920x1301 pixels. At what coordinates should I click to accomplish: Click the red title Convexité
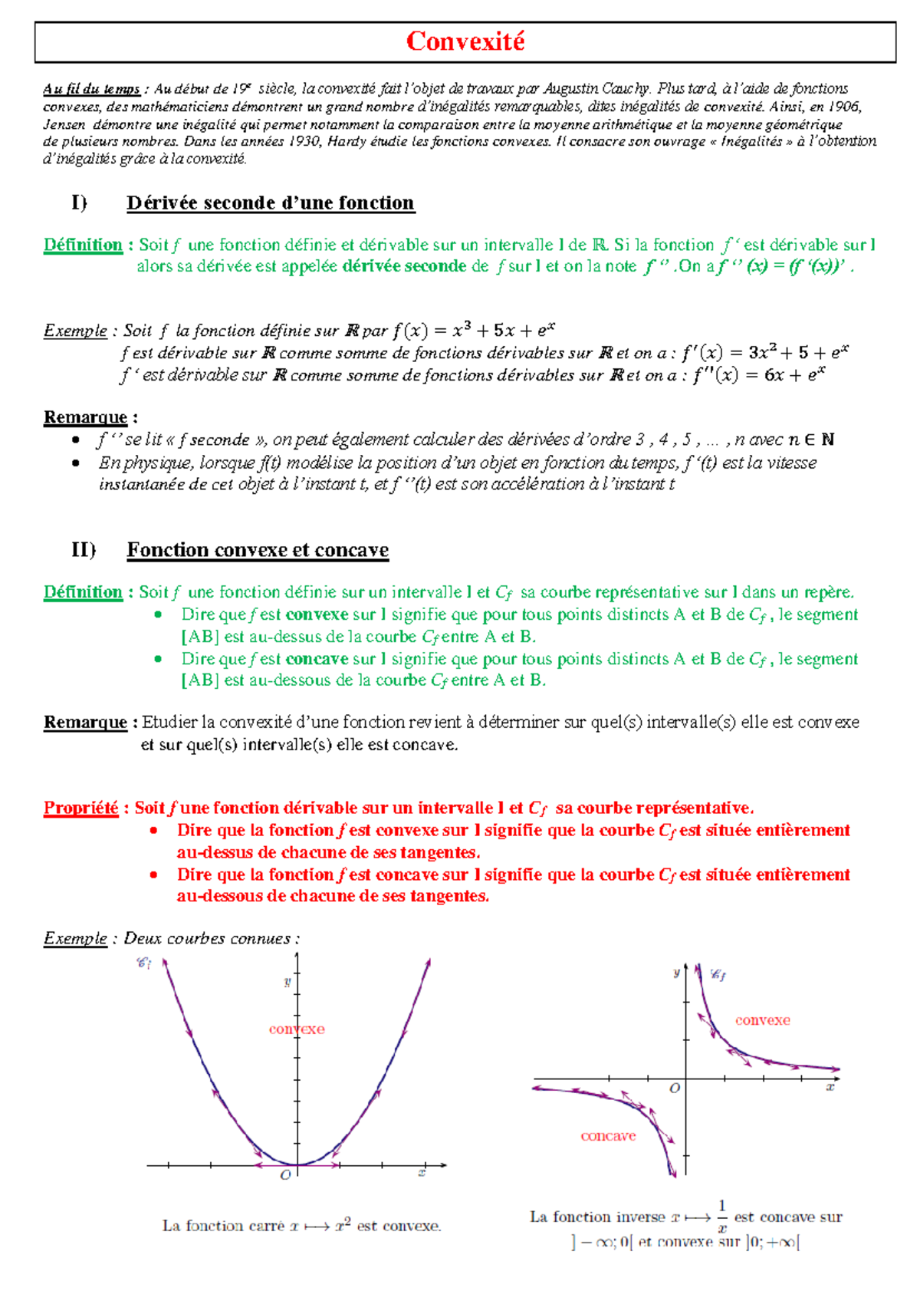click(465, 41)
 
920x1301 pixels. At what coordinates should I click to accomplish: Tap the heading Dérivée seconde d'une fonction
click(270, 203)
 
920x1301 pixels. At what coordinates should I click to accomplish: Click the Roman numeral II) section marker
click(83, 549)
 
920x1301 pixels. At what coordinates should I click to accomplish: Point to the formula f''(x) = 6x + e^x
click(758, 374)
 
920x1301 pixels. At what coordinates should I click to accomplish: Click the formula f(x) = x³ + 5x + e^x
click(473, 331)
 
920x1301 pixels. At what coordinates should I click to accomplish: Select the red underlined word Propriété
click(80, 808)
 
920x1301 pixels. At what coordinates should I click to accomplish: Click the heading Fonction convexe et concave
click(258, 550)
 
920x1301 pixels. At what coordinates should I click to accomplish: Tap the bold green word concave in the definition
click(317, 659)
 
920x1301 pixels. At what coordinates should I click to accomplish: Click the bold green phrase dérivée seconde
click(404, 266)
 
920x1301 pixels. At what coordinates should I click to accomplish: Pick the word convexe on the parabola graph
click(297, 1029)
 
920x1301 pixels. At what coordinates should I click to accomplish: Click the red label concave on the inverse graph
click(608, 1136)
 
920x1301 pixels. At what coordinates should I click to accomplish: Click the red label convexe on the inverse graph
click(762, 1020)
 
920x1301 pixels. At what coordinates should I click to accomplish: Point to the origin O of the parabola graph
click(286, 1174)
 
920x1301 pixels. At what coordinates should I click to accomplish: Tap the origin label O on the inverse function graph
click(675, 1088)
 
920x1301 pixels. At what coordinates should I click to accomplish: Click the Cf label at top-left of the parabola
click(143, 962)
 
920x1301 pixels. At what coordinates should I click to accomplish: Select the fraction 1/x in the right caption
click(721, 1217)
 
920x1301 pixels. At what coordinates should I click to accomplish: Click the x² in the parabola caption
click(342, 1225)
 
